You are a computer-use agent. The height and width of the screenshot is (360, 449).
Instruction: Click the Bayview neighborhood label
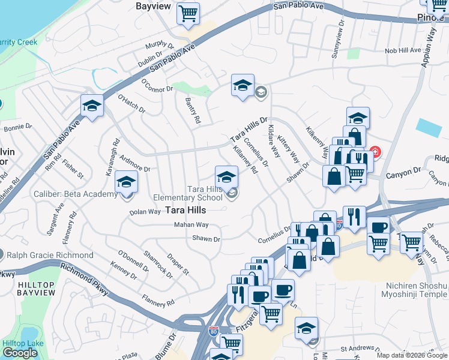pyautogui.click(x=154, y=6)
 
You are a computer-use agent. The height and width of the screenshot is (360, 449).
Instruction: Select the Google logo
pyautogui.click(x=20, y=353)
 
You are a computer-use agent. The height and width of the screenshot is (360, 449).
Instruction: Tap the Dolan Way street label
pyautogui.click(x=145, y=212)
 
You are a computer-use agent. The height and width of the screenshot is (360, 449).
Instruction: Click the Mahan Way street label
pyautogui.click(x=191, y=224)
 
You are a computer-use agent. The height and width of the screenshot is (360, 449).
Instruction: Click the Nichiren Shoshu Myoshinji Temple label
pyautogui.click(x=414, y=290)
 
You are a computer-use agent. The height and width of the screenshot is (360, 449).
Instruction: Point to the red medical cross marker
pyautogui.click(x=375, y=152)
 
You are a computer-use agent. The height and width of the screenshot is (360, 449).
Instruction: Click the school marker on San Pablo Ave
pyautogui.click(x=91, y=106)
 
